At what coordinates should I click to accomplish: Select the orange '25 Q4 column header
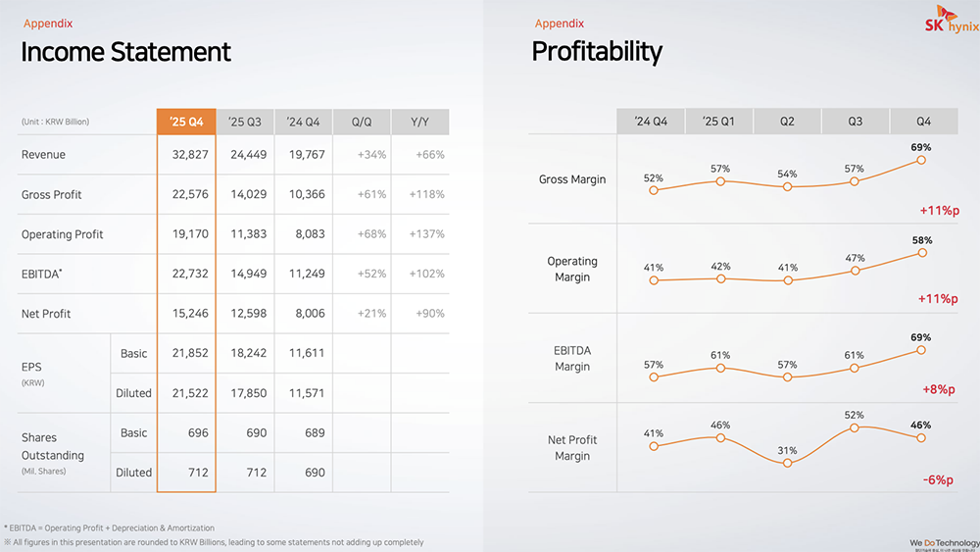point(186,122)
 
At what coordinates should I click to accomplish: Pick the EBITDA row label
point(42,274)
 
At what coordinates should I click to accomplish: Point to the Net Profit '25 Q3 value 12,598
point(244,314)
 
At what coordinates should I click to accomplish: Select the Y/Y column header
point(420,122)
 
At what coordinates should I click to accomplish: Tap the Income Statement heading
point(126,52)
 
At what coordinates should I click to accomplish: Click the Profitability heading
point(597,51)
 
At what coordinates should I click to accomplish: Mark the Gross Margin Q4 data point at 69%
point(922,160)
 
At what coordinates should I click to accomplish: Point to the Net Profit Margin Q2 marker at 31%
point(788,463)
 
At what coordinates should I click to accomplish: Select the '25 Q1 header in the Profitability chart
point(718,122)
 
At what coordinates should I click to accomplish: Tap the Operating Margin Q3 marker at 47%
point(855,271)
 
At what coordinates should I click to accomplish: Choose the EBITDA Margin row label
point(572,358)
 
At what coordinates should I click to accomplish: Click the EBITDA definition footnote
point(110,527)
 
